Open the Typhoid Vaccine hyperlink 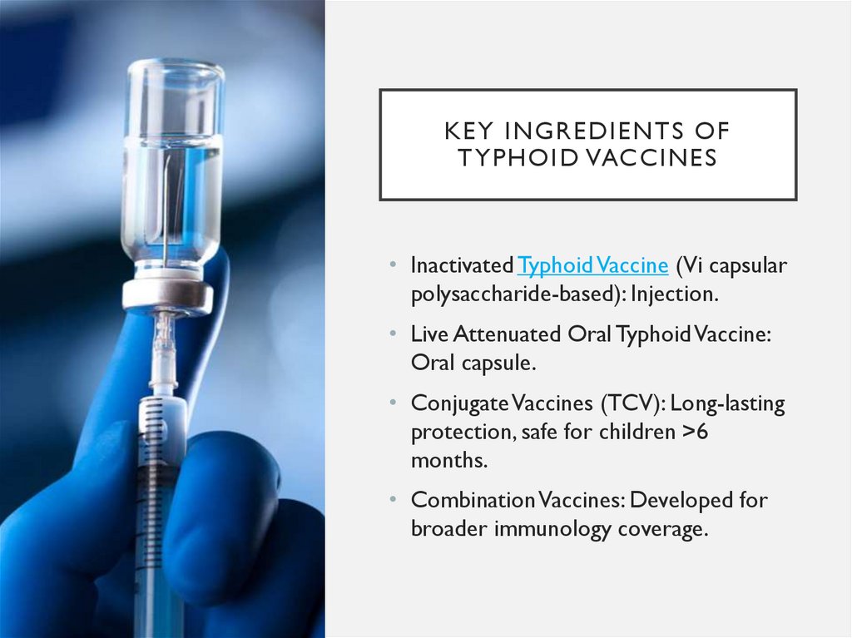point(592,265)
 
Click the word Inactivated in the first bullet point(462,265)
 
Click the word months point(442,461)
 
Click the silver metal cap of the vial point(166,294)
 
